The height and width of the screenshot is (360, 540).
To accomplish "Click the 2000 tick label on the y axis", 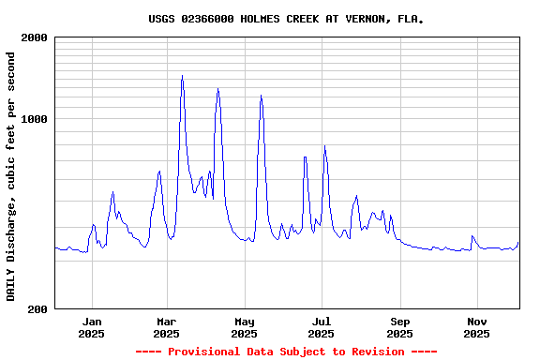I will (x=35, y=37).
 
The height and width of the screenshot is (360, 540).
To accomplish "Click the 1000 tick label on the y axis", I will (x=35, y=119).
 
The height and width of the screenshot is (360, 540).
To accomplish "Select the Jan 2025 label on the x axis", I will (x=92, y=327).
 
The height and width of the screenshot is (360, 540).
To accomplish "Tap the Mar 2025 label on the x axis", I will (x=166, y=327).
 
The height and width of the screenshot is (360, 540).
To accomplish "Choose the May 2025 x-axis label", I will (x=244, y=327).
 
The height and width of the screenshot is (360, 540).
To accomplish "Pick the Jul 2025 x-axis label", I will (x=322, y=327).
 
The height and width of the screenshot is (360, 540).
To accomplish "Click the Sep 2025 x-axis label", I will (x=399, y=327).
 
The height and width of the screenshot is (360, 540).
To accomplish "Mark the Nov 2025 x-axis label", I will (x=477, y=327).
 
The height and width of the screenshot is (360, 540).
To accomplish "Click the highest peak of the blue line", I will (x=182, y=76).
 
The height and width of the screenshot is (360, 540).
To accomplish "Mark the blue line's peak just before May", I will (x=218, y=89).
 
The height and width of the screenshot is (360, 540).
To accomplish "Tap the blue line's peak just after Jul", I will (x=324, y=146).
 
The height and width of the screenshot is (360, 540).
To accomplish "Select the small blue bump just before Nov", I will (x=472, y=236).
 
